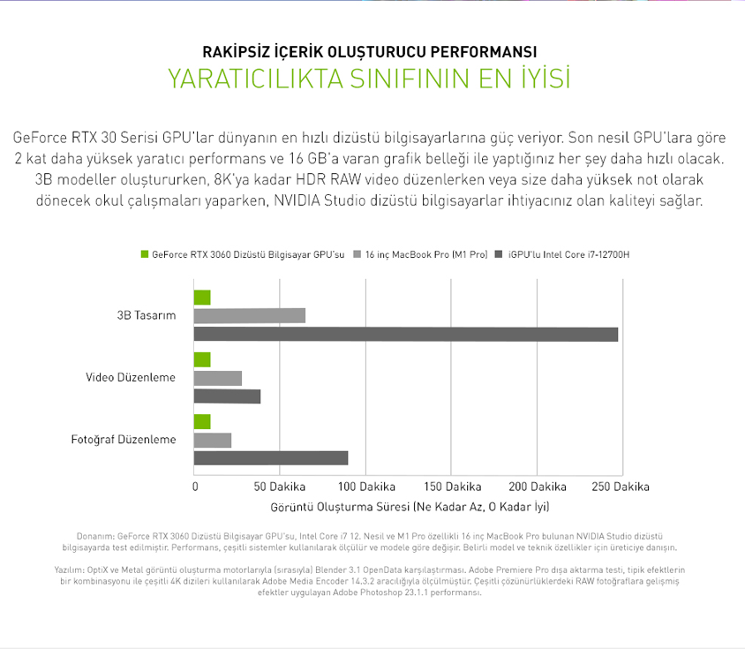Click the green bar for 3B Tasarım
point(202,298)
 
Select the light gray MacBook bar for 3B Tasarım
point(250,316)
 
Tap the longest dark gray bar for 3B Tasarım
point(406,335)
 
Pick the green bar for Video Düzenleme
point(202,359)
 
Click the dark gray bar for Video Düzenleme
point(227,396)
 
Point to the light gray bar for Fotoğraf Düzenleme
point(213,441)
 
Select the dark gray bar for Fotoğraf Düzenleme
point(271,458)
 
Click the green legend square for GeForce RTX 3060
point(145,254)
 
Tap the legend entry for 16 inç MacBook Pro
point(420,254)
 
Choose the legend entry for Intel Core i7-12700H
point(562,254)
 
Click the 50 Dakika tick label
point(279,487)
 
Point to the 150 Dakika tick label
point(452,487)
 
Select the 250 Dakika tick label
point(621,487)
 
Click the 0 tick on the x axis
point(195,487)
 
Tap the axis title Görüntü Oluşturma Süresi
point(340,507)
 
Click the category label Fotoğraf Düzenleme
point(124,440)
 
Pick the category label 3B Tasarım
point(147,315)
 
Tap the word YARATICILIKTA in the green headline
point(256,79)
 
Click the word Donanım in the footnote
point(95,536)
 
